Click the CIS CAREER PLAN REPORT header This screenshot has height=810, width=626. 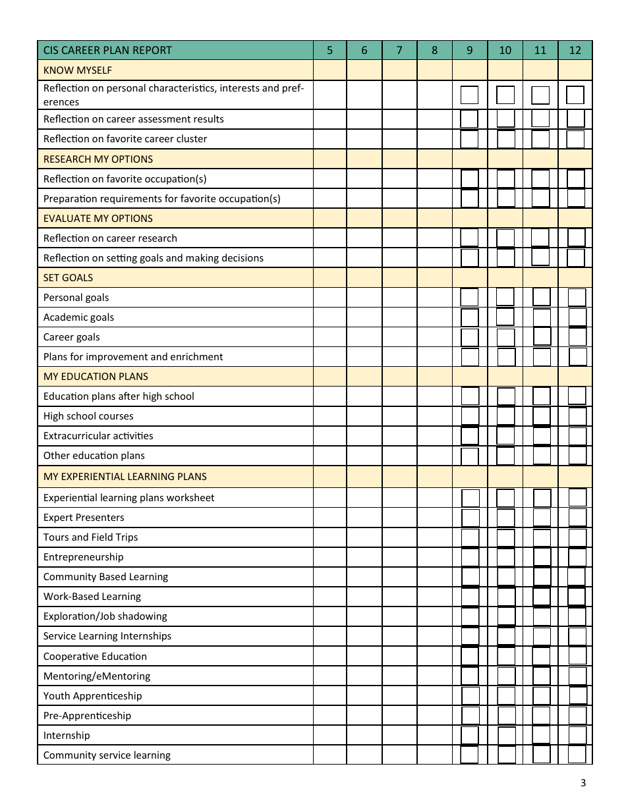(x=107, y=50)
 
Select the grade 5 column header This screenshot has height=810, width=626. (x=329, y=50)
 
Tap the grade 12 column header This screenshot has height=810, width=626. (x=575, y=50)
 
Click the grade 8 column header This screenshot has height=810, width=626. (x=434, y=50)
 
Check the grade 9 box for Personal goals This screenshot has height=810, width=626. (x=470, y=297)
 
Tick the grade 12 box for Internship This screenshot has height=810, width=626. (x=577, y=735)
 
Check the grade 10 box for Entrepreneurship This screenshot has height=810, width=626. (x=505, y=557)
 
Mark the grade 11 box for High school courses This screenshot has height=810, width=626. (x=541, y=416)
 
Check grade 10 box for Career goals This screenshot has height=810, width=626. (x=505, y=337)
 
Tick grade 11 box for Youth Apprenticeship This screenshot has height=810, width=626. (x=542, y=695)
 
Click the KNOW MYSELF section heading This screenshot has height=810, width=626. (x=78, y=70)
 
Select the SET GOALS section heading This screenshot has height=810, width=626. (x=68, y=278)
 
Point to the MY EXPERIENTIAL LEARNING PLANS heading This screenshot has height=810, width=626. (x=125, y=476)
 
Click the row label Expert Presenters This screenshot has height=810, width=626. (x=84, y=518)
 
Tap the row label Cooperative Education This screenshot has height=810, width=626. (x=95, y=657)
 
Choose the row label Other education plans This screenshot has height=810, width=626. (x=94, y=456)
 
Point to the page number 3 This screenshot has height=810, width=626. (x=583, y=783)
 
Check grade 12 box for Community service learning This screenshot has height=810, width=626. (x=577, y=755)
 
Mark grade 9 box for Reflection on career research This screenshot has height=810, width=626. (x=470, y=238)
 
